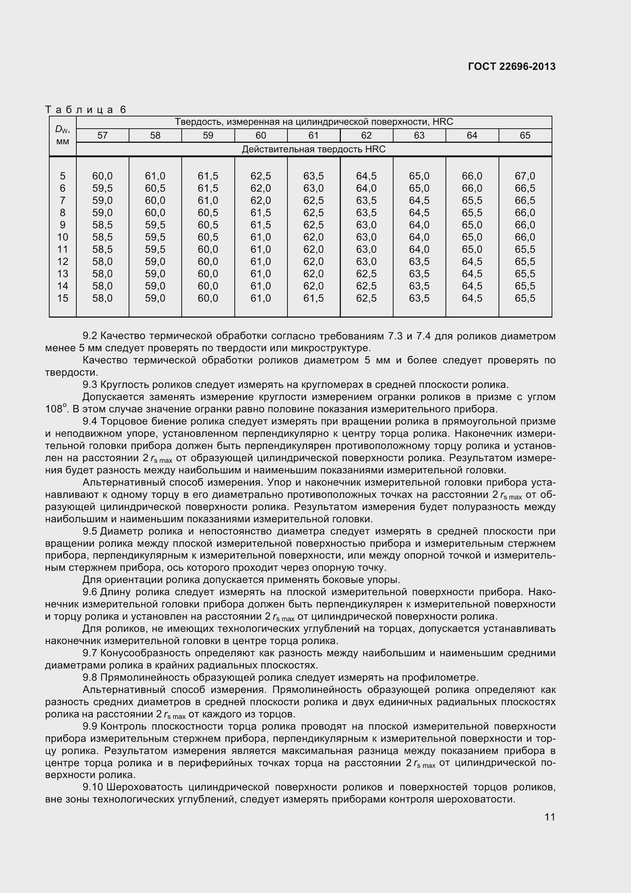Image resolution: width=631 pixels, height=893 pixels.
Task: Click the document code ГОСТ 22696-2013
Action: [x=512, y=66]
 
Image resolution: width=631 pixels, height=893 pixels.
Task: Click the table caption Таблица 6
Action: [x=86, y=110]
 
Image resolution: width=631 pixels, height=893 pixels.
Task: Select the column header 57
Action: [x=102, y=136]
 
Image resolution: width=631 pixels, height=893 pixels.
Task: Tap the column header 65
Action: [x=525, y=136]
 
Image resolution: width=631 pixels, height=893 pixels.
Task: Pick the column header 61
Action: [x=313, y=136]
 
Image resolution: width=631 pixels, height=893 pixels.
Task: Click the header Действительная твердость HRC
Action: [x=313, y=149]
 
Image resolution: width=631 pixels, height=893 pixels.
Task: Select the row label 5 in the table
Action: [x=62, y=176]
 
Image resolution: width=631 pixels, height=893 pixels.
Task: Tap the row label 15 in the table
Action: [x=62, y=298]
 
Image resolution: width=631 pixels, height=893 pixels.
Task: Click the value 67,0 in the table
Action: [x=525, y=176]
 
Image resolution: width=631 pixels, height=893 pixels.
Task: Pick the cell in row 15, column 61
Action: [x=313, y=298]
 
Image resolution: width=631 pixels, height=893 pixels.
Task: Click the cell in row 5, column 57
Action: [x=102, y=176]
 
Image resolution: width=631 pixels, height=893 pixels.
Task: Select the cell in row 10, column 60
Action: [x=260, y=237]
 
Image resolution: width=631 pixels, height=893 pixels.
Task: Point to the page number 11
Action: [x=550, y=817]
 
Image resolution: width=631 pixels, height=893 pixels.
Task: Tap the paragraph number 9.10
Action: [x=92, y=787]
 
